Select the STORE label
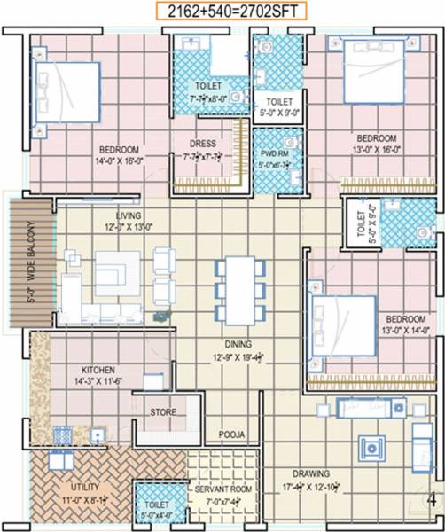click(162, 412)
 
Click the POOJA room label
click(232, 434)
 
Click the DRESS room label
click(203, 145)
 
